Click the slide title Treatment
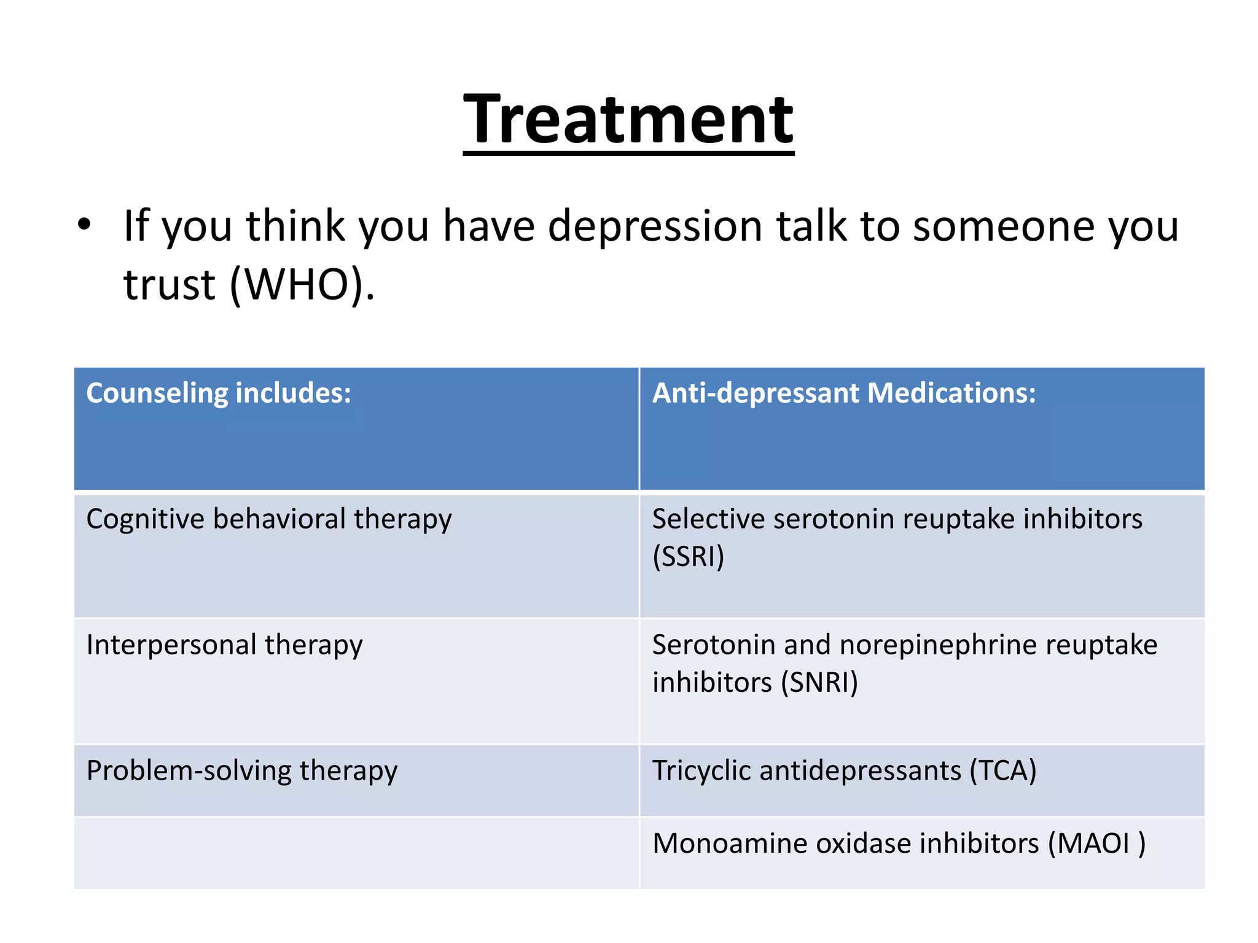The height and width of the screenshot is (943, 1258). [628, 119]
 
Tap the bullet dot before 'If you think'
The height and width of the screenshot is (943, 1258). [84, 225]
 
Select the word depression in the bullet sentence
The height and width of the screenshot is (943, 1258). [655, 227]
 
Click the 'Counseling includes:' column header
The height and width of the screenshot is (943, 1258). [219, 393]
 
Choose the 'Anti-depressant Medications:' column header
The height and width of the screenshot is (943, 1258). [843, 393]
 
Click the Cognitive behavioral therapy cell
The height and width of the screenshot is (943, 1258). [269, 519]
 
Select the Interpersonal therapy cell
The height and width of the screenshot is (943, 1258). [224, 645]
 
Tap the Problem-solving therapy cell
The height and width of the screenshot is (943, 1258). [242, 771]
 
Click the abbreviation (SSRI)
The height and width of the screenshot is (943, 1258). [688, 557]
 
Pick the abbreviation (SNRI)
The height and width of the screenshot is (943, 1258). [819, 683]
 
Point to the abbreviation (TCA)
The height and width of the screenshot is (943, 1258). [1002, 771]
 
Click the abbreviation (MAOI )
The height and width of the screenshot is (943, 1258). [1096, 844]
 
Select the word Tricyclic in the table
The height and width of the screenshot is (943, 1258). [701, 771]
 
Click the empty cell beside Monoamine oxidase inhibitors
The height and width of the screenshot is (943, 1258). [356, 853]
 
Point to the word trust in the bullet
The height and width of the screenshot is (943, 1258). [170, 285]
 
